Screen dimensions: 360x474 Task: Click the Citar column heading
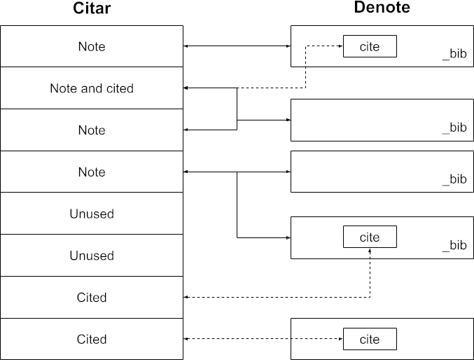[91, 9]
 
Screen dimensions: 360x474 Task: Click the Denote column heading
[382, 8]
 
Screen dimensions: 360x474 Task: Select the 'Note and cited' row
[92, 88]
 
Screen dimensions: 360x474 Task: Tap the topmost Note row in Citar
[92, 46]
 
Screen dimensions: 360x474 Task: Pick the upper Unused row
[92, 214]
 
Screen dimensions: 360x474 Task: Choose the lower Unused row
[92, 256]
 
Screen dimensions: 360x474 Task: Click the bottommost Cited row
[92, 339]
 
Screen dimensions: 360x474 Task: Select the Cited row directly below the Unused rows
[92, 298]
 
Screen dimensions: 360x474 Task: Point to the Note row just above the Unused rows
[92, 172]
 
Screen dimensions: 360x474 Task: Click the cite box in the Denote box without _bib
[370, 340]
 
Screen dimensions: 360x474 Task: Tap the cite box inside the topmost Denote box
[370, 47]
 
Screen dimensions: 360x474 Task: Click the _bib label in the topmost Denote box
[454, 55]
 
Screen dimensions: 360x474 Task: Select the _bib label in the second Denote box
[454, 127]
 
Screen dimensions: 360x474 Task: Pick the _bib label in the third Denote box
[454, 179]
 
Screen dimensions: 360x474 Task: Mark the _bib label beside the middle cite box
[454, 245]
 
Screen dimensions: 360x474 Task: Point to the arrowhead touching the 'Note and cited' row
[186, 88]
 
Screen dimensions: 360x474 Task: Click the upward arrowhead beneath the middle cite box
[370, 250]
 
